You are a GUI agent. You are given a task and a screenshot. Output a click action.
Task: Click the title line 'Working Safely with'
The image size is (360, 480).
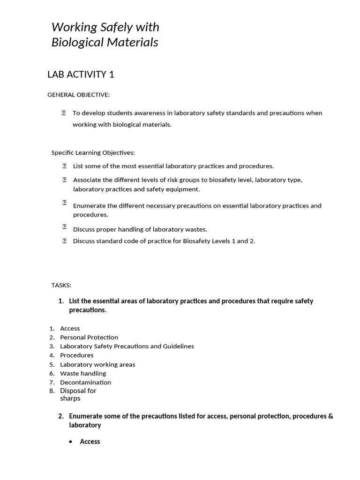coord(105,27)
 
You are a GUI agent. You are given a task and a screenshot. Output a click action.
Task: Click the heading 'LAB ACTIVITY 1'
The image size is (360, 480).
coord(81,74)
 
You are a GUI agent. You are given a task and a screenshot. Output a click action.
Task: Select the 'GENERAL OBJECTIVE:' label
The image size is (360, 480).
coord(78,95)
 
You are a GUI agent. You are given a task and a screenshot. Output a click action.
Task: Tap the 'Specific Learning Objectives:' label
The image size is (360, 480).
coord(93,152)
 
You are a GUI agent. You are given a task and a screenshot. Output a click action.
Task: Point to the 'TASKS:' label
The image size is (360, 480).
coord(61,285)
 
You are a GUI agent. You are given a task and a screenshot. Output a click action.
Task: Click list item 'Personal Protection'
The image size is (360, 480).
coord(89,337)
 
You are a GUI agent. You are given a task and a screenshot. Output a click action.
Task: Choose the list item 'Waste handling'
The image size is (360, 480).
coord(83,373)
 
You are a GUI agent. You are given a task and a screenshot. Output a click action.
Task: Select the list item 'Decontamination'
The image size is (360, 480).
coord(85,382)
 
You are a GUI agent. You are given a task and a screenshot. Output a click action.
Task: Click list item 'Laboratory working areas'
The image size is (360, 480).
coord(97,364)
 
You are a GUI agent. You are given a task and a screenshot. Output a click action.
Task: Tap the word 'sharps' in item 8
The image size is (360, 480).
coord(70,398)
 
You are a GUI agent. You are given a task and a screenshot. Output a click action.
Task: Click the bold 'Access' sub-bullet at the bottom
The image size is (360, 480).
coord(90,442)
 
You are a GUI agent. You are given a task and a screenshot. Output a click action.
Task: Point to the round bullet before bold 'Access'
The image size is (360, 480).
coord(70,442)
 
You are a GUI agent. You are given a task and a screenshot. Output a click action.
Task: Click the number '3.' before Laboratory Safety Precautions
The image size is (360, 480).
coord(52,346)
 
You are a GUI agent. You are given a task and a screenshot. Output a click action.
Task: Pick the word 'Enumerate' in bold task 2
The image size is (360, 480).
coord(85,416)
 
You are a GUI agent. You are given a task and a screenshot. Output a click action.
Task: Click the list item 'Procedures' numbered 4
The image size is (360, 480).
coord(77,355)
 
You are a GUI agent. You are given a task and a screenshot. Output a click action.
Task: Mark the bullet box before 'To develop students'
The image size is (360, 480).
coord(63,113)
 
